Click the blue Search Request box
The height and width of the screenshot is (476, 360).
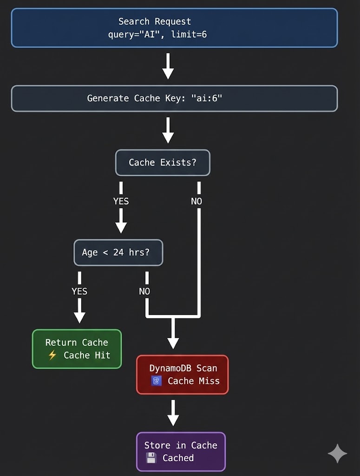point(174,28)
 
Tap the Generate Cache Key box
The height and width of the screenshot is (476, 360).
point(174,99)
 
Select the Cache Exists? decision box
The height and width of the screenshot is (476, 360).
point(163,163)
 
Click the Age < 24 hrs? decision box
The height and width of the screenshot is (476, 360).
point(118,252)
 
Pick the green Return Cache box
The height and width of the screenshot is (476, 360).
point(77,349)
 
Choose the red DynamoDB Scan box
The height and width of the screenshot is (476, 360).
point(183,374)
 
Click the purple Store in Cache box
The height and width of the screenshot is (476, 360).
point(181,451)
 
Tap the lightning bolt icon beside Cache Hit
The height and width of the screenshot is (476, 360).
point(52,356)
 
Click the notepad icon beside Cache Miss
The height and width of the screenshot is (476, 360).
point(157,381)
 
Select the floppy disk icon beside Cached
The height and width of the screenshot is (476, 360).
point(151,458)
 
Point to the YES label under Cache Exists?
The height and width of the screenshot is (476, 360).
point(121,201)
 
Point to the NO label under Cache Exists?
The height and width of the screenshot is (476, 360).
point(196,201)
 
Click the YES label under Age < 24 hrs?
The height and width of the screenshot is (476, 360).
point(79,291)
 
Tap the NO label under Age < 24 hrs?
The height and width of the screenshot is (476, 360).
point(144,291)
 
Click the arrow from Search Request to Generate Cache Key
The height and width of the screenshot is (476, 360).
point(168,66)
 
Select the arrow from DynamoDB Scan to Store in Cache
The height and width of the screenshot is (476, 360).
point(173,413)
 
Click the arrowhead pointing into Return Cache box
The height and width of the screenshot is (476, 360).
point(79,317)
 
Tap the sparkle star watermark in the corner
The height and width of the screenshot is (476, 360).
point(337,454)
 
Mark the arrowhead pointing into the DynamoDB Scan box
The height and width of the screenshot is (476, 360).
point(173,343)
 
